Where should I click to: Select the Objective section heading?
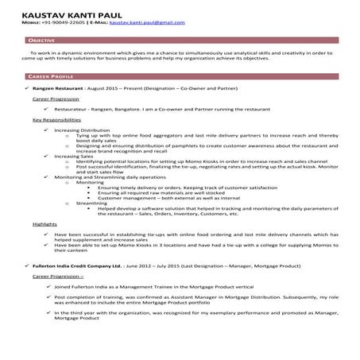41,38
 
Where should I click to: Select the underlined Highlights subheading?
45,225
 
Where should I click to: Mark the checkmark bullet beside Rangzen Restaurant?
26,89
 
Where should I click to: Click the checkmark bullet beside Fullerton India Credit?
26,261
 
